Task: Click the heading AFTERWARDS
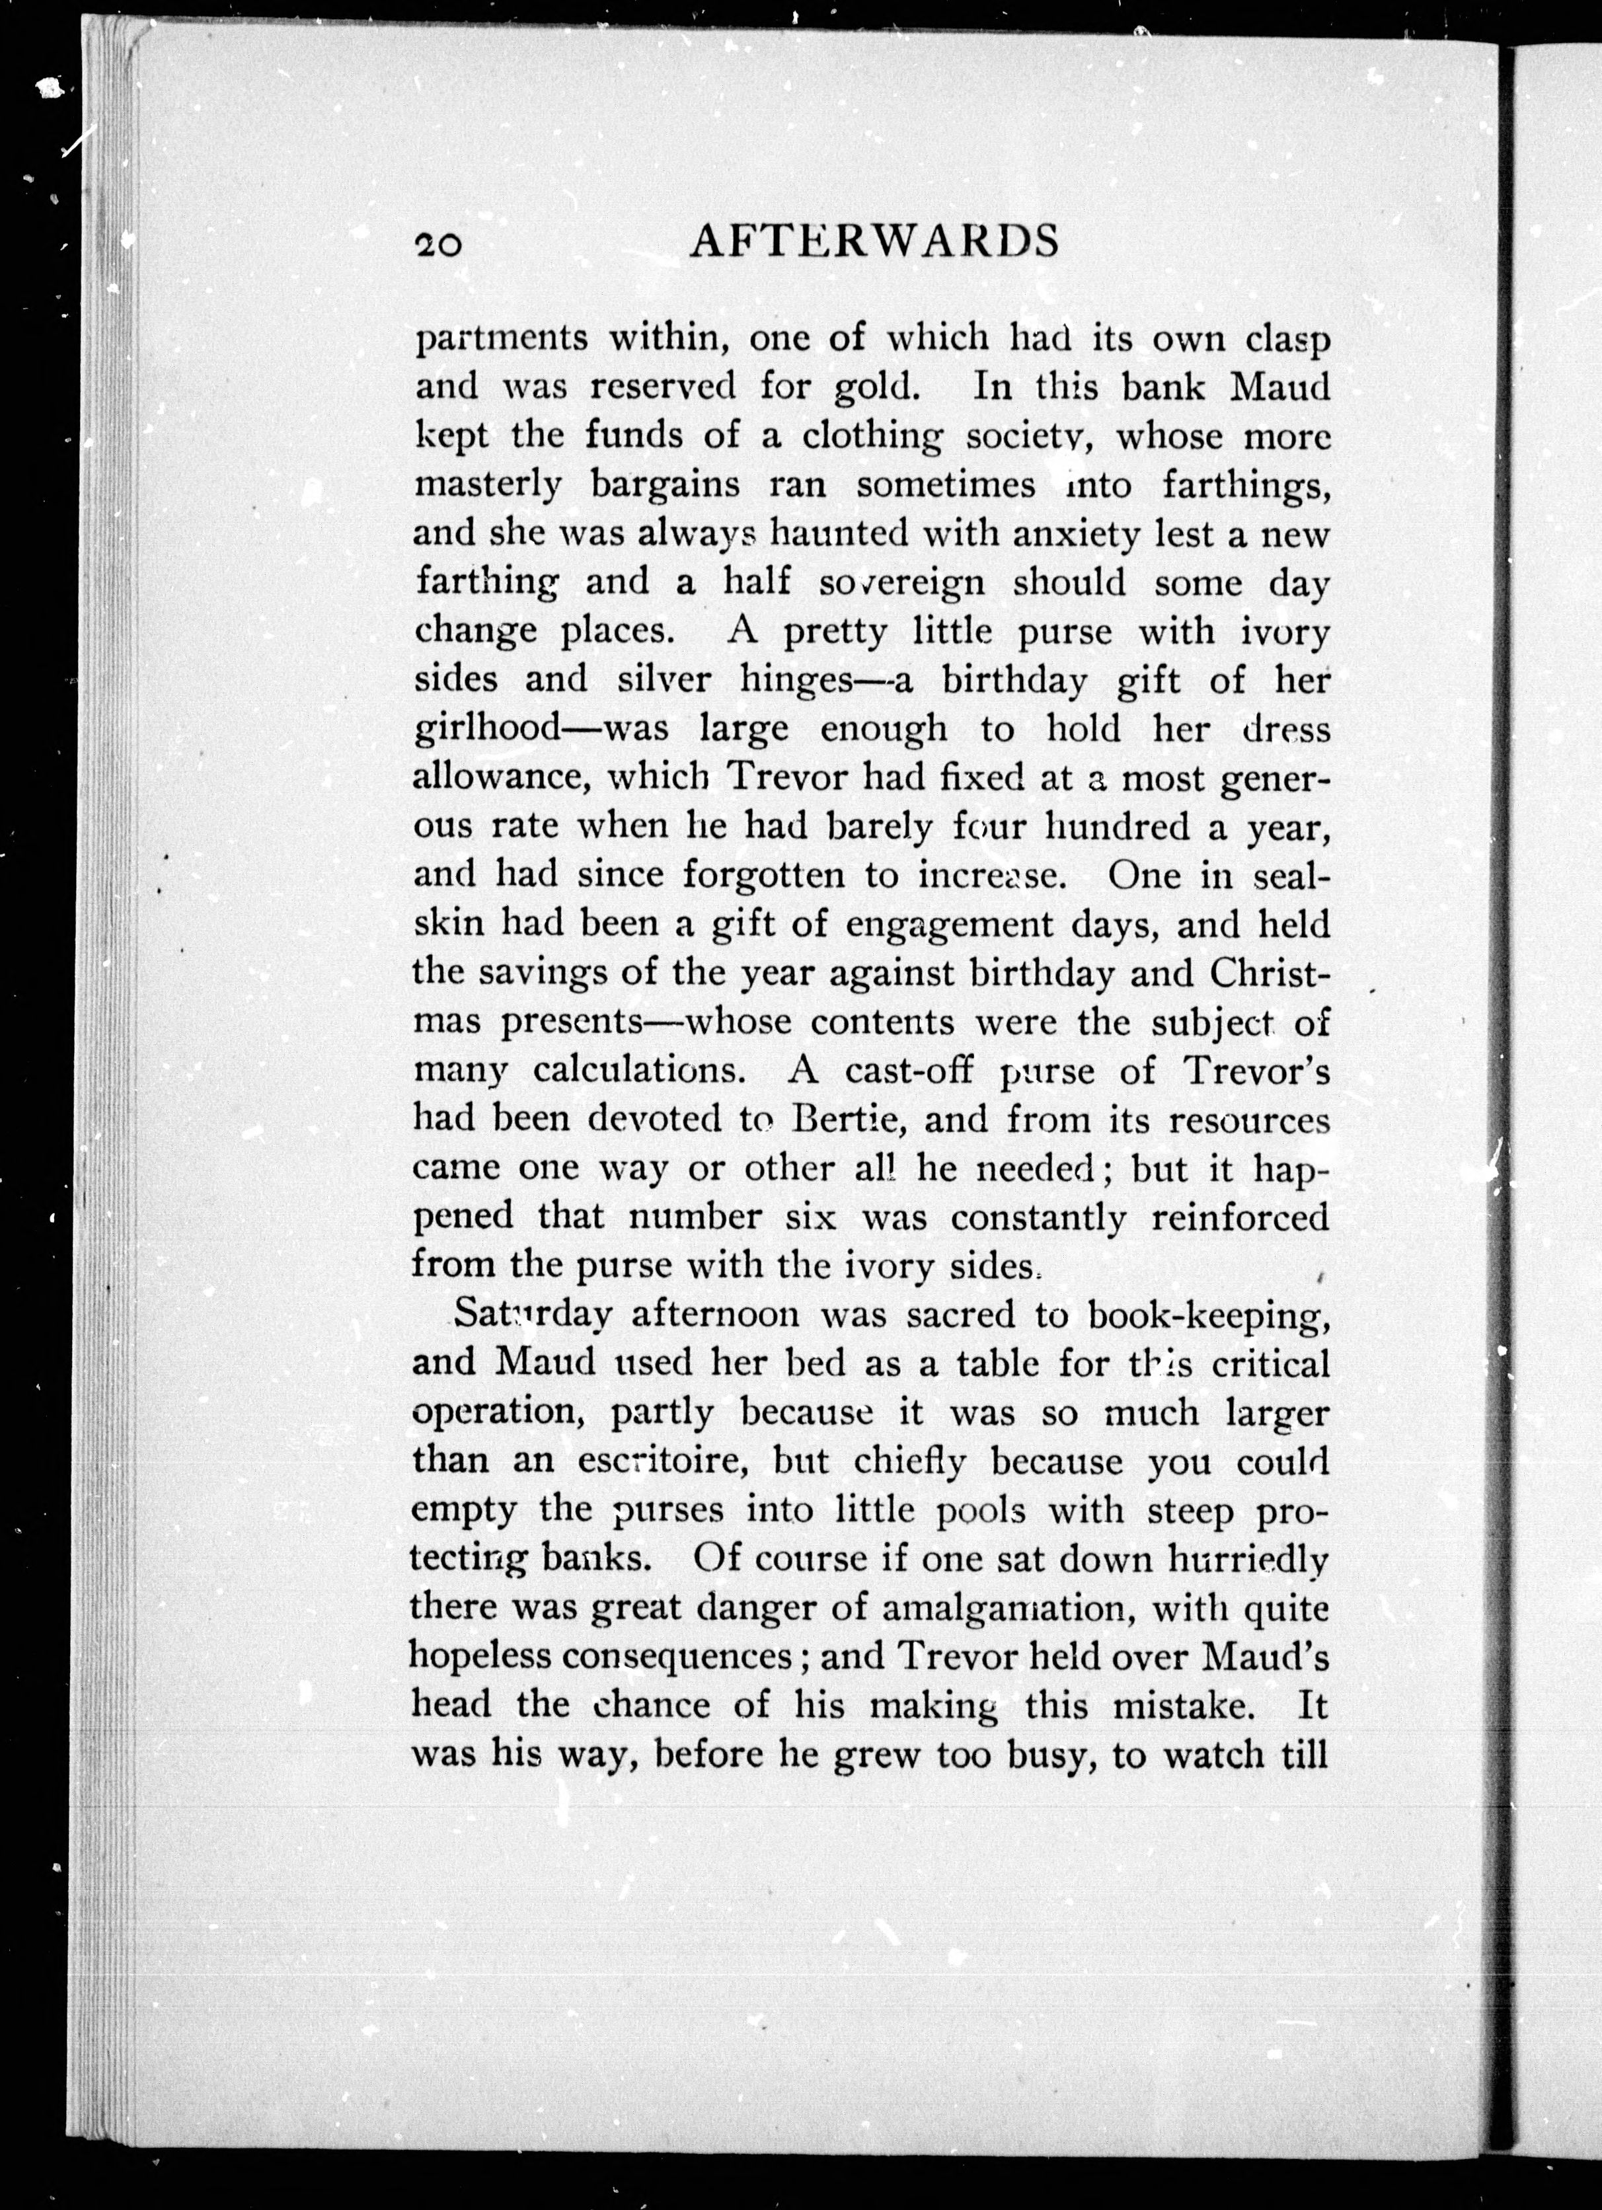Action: pyautogui.click(x=873, y=241)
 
